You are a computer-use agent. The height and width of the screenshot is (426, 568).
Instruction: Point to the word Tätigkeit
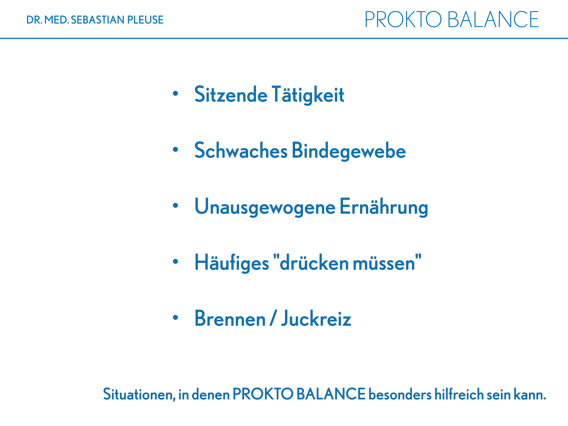pyautogui.click(x=308, y=95)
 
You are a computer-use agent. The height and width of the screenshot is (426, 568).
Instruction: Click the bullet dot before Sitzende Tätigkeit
pyautogui.click(x=175, y=93)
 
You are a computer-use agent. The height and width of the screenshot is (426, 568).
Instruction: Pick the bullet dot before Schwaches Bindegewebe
pyautogui.click(x=175, y=149)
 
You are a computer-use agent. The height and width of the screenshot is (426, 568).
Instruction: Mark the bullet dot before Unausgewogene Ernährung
pyautogui.click(x=175, y=205)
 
